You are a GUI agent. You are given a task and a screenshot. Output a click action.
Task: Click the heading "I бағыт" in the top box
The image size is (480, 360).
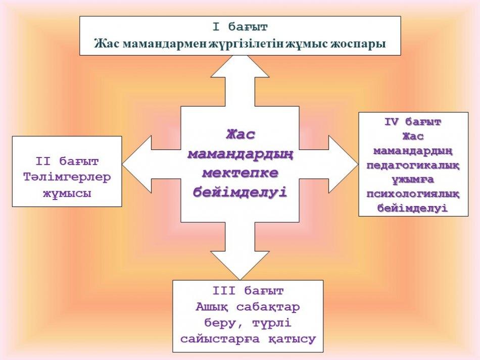(241, 27)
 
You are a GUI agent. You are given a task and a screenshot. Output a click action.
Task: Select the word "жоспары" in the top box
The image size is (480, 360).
(358, 44)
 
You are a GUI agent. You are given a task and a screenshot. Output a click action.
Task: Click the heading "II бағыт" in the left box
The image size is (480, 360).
(67, 162)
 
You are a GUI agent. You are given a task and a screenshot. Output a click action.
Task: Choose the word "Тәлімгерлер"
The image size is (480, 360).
(67, 177)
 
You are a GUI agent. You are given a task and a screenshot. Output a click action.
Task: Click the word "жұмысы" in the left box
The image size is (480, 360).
(67, 193)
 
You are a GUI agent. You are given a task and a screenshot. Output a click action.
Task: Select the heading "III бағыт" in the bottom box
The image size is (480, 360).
(248, 291)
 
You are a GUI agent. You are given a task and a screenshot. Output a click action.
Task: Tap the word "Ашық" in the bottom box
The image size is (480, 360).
(212, 307)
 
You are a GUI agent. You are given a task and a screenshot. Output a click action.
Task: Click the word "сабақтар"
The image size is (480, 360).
(268, 307)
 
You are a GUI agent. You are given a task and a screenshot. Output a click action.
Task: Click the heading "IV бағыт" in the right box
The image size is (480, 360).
(413, 122)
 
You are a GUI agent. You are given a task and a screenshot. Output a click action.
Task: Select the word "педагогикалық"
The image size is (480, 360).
(413, 166)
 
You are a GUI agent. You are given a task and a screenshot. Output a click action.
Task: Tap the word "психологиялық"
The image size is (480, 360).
(413, 194)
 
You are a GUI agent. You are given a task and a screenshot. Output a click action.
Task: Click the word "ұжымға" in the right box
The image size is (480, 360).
(413, 180)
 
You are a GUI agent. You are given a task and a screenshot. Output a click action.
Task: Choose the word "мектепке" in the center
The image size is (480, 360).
(241, 173)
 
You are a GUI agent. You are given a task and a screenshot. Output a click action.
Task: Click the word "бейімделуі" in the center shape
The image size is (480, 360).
(241, 192)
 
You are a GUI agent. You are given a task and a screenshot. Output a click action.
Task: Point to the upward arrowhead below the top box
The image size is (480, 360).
(241, 66)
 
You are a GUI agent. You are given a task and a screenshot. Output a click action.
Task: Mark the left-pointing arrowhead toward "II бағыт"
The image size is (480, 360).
(137, 164)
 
